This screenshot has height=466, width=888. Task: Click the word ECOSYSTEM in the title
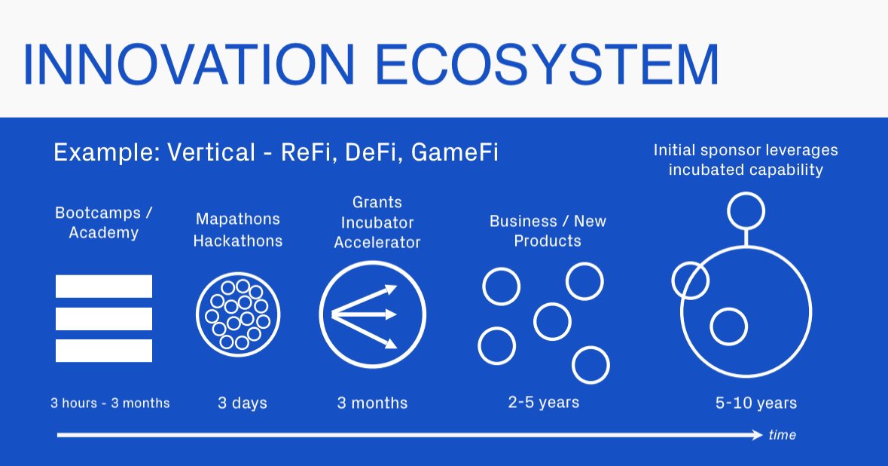click(x=548, y=65)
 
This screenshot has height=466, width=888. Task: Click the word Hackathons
click(x=238, y=241)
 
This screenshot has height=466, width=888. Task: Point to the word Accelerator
click(x=377, y=243)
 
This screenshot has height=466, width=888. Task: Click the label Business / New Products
click(x=548, y=231)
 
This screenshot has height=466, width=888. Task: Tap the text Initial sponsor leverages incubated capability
click(x=746, y=160)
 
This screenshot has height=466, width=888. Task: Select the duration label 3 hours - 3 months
click(x=110, y=403)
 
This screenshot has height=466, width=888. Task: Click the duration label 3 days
click(x=243, y=403)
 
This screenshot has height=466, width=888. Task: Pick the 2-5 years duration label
click(x=544, y=402)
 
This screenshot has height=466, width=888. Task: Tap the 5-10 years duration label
click(x=756, y=403)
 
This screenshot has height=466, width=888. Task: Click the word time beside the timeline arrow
click(x=782, y=435)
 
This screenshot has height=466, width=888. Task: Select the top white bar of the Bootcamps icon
click(x=104, y=286)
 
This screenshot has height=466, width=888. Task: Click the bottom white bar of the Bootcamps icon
click(x=104, y=351)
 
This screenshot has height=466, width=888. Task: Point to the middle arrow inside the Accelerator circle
click(x=365, y=313)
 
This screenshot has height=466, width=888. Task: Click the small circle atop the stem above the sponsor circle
click(x=746, y=210)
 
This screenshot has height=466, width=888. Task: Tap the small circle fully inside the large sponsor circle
click(x=728, y=327)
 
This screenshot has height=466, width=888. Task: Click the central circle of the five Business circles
click(x=552, y=321)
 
